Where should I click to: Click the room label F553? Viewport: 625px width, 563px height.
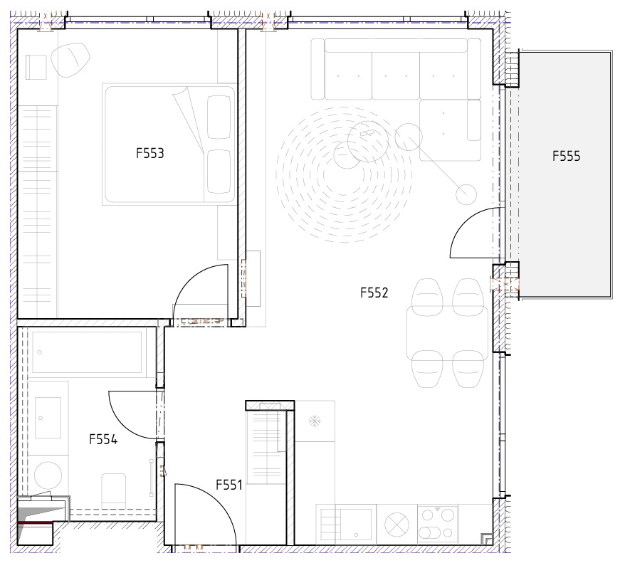coord(150,154)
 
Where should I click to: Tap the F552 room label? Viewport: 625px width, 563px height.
coord(374,293)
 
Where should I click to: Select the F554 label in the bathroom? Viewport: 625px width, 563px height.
coord(103,439)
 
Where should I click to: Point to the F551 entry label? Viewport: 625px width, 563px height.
coord(229,485)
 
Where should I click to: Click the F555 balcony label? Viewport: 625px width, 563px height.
coord(567,156)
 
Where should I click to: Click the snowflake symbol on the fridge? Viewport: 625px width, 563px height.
coord(315,421)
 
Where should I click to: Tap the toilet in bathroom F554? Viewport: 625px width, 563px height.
coord(114,490)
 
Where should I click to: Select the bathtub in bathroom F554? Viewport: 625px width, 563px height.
coord(87,352)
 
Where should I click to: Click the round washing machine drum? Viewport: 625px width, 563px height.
coord(48,475)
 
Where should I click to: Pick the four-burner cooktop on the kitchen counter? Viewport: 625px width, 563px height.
coord(437,524)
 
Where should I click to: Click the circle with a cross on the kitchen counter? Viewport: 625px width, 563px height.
coord(396,525)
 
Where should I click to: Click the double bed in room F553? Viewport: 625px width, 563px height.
coord(170,144)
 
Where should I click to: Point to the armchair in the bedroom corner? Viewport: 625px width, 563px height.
coord(70,60)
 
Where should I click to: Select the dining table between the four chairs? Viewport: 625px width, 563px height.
coord(447,332)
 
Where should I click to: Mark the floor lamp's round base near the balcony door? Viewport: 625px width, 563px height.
coord(466,195)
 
